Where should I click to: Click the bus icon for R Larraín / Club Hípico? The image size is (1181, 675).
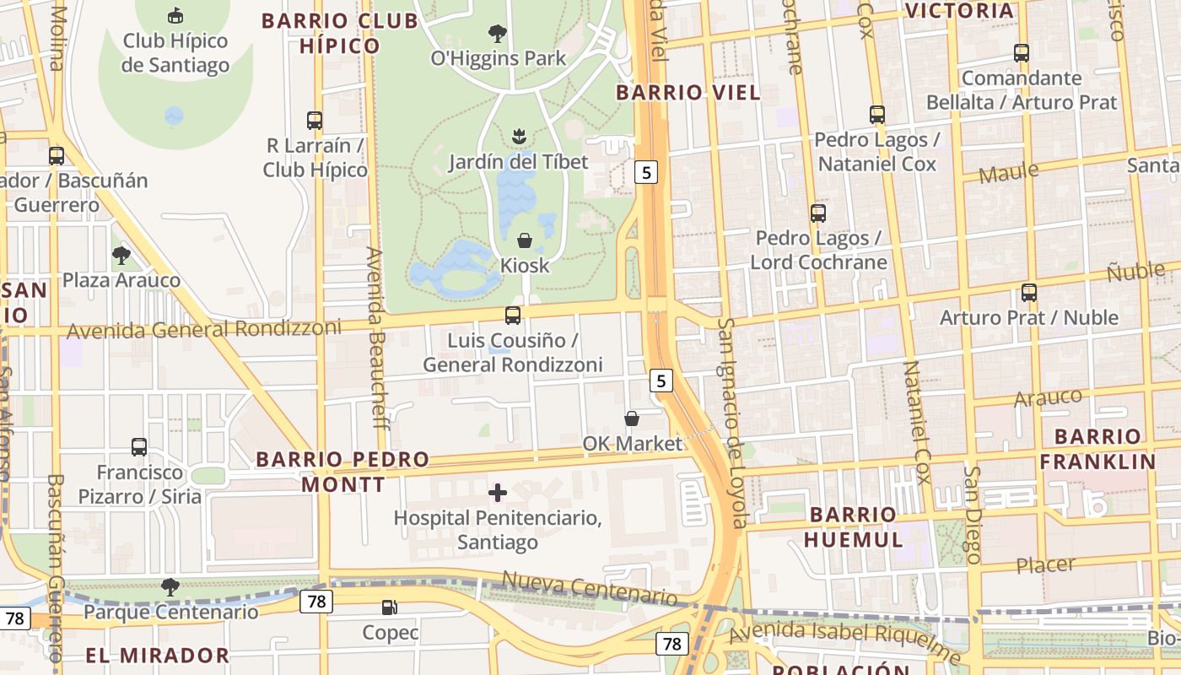pos(315,121)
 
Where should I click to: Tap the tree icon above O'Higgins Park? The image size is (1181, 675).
pos(498,34)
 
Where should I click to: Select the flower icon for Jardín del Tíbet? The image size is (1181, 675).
pos(518,136)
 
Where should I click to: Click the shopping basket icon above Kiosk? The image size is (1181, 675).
pos(525,240)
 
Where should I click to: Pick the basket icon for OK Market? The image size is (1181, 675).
pos(632,418)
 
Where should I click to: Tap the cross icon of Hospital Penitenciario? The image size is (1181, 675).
pos(498,492)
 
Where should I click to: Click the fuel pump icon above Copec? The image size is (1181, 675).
pos(390,607)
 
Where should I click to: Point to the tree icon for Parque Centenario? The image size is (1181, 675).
pos(170,586)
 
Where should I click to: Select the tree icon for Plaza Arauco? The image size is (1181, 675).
pos(121,255)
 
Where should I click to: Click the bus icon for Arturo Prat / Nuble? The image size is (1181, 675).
pos(1029,293)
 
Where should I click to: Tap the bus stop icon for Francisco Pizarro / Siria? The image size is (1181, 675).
pos(139,447)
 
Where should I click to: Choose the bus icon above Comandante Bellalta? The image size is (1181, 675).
pos(1022,53)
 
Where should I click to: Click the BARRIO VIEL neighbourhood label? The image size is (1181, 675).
pos(688,93)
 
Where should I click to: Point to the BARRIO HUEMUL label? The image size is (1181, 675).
pos(853,526)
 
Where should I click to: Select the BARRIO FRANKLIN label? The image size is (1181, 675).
pos(1097,449)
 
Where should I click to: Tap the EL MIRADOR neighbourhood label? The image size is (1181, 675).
pos(157,655)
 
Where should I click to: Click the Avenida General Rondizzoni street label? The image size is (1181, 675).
pos(203,329)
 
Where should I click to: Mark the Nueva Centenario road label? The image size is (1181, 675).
pos(590,588)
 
